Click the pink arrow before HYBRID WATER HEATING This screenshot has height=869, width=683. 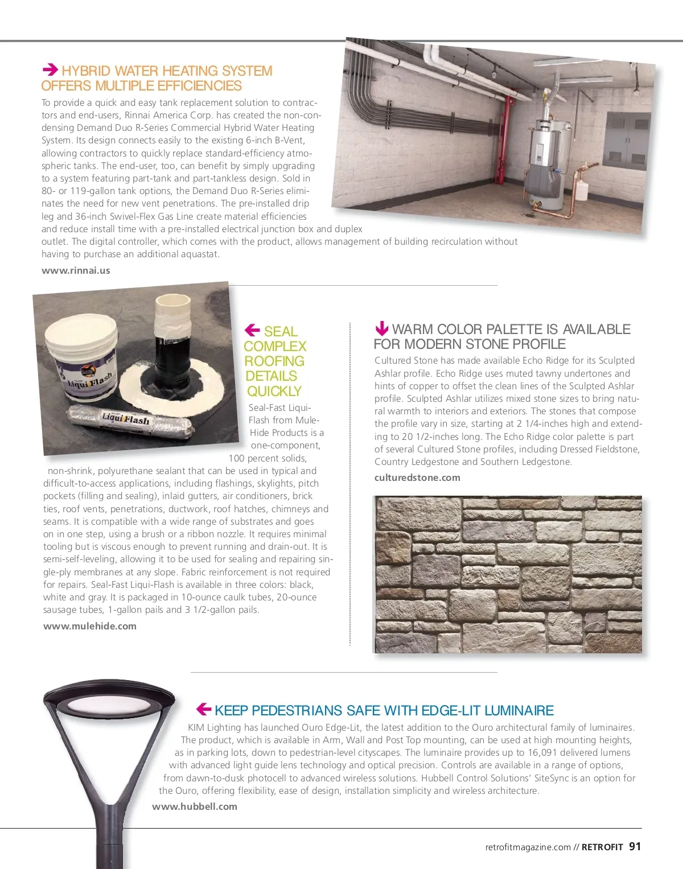50,70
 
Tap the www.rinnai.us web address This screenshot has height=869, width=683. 76,270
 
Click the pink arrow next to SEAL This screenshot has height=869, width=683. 252,330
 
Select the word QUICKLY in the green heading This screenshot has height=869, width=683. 274,392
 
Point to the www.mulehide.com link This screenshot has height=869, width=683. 90,626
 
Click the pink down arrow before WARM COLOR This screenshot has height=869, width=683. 381,328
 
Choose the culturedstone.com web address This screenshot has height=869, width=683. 417,477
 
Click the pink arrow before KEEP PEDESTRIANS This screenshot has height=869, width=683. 203,709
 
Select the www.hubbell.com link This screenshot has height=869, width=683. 195,806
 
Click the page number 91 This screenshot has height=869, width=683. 635,847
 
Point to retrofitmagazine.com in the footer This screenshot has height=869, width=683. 528,847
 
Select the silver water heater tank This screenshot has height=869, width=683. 546,154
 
